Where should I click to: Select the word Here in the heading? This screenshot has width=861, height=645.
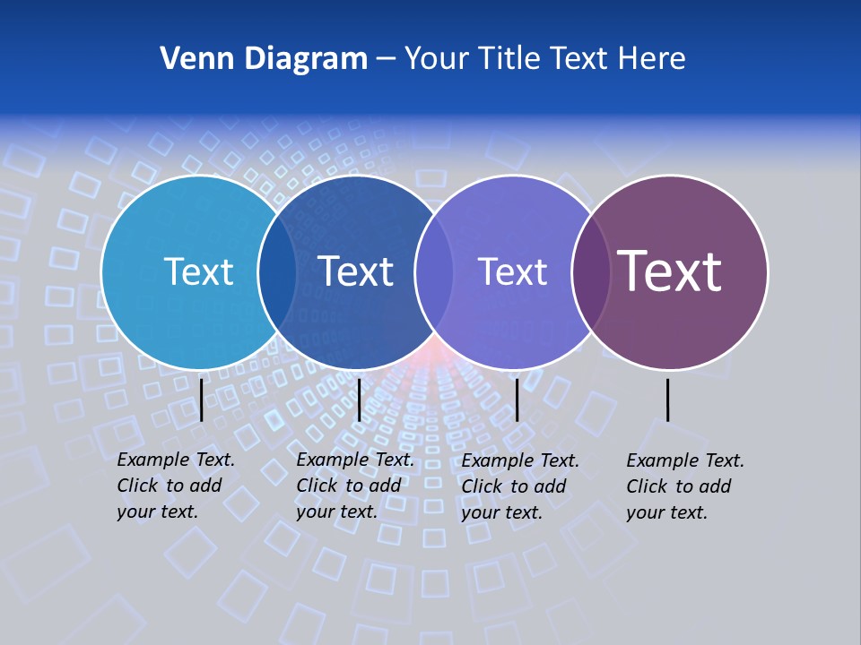(x=652, y=59)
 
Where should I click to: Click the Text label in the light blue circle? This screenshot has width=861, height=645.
(x=198, y=271)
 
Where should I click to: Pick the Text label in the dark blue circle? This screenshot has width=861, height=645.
(x=355, y=271)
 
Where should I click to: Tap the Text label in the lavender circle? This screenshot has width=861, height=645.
(x=512, y=271)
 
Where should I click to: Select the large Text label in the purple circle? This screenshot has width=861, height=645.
(x=670, y=271)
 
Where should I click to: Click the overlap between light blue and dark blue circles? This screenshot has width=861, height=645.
(x=277, y=272)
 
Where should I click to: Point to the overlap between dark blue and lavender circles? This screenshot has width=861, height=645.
(x=434, y=272)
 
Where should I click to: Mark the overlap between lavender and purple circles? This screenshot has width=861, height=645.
(x=591, y=272)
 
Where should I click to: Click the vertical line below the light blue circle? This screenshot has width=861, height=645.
(x=201, y=400)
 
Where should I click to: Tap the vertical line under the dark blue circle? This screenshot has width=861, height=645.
(x=359, y=400)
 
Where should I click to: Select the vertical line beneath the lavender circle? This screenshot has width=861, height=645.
(x=517, y=400)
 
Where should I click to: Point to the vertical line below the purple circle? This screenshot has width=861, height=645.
(x=667, y=400)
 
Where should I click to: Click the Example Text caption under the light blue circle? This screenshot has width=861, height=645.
(x=175, y=486)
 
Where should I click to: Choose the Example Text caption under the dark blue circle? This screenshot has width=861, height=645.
(x=354, y=486)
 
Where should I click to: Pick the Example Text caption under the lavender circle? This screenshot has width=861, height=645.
(x=519, y=486)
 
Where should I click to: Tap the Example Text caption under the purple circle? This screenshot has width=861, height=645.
(x=684, y=486)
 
